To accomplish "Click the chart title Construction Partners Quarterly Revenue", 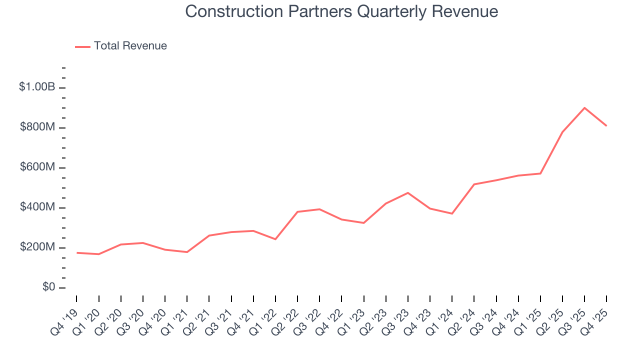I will point(341,11).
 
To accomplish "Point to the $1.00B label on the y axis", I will point(37,87).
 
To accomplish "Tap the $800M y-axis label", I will point(37,127).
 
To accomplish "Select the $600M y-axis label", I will point(37,167).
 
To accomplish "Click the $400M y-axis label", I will point(37,207).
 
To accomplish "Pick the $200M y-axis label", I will point(37,247).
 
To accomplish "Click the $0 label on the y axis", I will point(48,287).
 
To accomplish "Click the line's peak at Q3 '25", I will point(584,107).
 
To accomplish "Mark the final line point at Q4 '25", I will point(606,125).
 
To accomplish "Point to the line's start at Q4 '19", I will point(76,252).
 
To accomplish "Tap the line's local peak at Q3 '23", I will point(408,192).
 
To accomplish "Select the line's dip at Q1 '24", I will point(452,213).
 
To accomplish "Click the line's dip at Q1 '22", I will point(275,239).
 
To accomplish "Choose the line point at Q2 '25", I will point(562,132).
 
